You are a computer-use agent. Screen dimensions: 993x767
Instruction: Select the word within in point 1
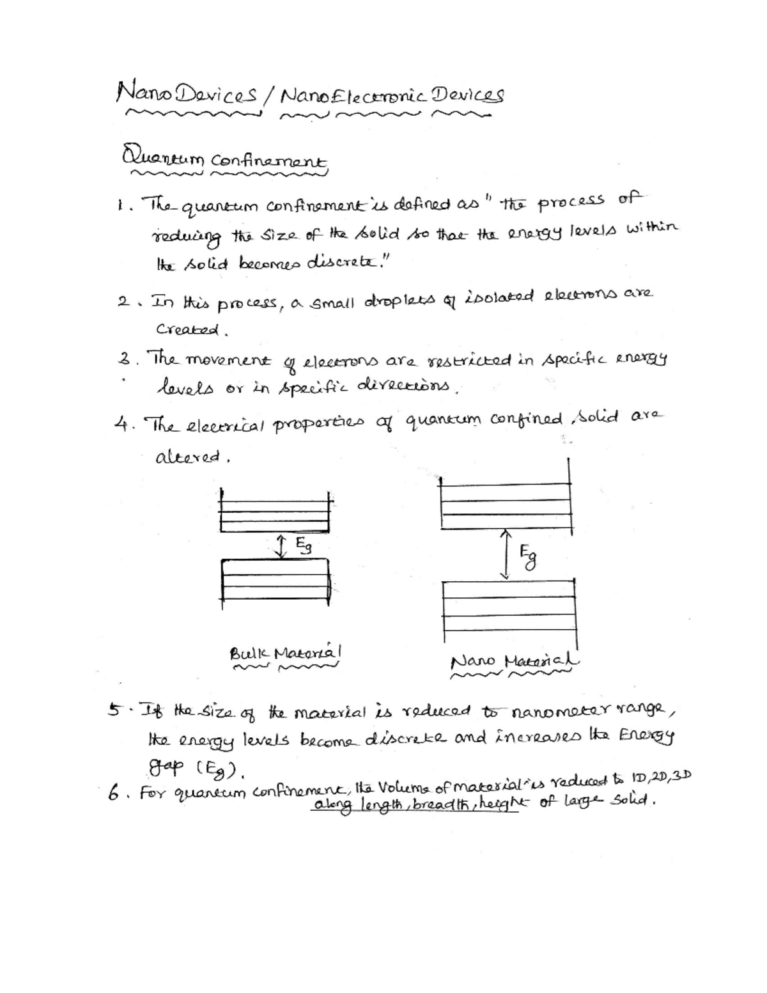coord(652,228)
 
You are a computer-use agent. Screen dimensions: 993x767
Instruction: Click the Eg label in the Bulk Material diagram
coord(303,545)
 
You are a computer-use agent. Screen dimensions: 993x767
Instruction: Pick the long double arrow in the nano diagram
coord(506,554)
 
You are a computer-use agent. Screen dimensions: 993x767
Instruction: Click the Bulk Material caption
coord(286,653)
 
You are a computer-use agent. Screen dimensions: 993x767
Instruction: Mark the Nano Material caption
coord(514,661)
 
